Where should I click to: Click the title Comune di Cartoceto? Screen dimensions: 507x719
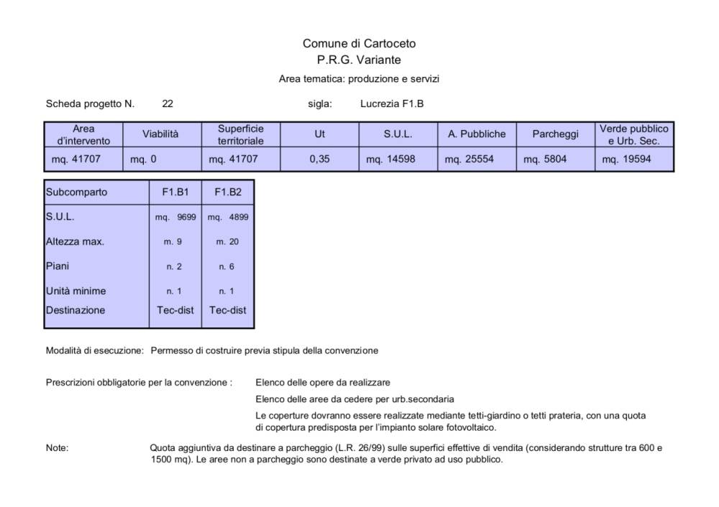(x=359, y=44)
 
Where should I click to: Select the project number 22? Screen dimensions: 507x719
(x=168, y=103)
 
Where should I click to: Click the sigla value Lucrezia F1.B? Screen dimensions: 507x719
(x=391, y=103)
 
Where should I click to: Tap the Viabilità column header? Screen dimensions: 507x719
(x=160, y=134)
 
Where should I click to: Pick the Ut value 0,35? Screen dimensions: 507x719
(x=319, y=159)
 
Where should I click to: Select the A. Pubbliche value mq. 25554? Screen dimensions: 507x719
(x=469, y=159)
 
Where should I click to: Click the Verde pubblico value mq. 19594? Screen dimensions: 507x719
(x=626, y=159)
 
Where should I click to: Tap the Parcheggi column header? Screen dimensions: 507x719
(x=555, y=134)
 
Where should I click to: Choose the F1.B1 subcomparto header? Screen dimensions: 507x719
(x=173, y=192)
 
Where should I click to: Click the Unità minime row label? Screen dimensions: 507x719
(x=75, y=291)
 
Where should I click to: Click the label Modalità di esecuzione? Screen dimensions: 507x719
(x=95, y=351)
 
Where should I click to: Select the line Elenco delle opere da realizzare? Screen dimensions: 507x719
(x=323, y=382)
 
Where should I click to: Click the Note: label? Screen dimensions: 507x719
(x=57, y=448)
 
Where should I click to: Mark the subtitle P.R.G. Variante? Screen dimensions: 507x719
(x=359, y=60)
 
